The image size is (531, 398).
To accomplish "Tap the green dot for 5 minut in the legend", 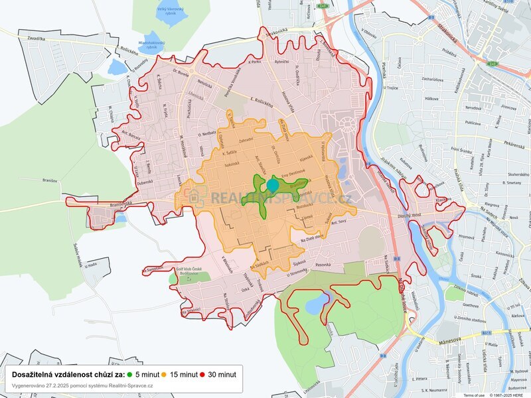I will (129, 375).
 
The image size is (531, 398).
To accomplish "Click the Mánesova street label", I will (451, 342).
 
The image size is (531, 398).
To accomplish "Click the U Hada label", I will (91, 265).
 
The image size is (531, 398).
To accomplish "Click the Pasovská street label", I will (323, 265).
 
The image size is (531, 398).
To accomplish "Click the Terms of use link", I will (474, 395).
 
